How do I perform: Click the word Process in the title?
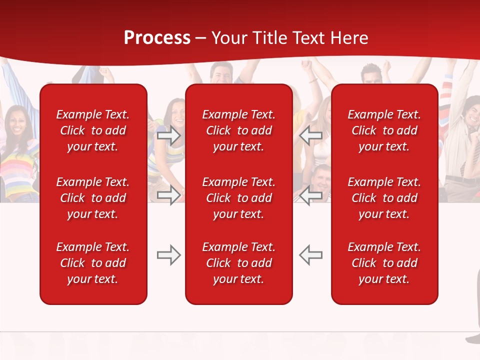(157, 38)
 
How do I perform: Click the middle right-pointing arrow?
(169, 195)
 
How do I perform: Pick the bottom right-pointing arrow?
(169, 255)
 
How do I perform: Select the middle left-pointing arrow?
(311, 195)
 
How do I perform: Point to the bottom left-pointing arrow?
(311, 255)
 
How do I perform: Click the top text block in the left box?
(93, 130)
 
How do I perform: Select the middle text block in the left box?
(93, 198)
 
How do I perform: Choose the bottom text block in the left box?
(93, 263)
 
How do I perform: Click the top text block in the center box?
(239, 130)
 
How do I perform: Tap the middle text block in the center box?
(239, 198)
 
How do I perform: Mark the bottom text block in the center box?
(239, 263)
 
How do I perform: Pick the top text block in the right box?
(384, 130)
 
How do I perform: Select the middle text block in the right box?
(384, 198)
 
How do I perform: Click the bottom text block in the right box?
(384, 263)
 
